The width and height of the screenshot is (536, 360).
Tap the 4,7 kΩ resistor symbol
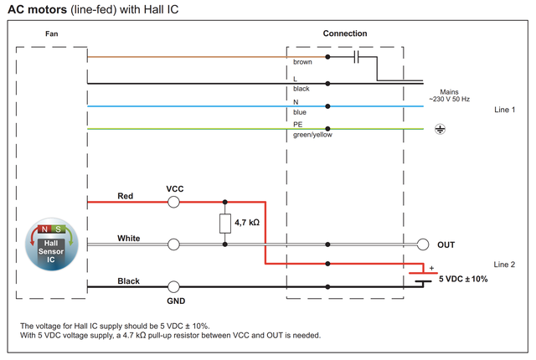coord(225,224)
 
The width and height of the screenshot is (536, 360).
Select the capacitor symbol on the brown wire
coord(358,57)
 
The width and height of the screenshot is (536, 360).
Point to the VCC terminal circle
coord(173,202)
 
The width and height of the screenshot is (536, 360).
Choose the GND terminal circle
coord(173,286)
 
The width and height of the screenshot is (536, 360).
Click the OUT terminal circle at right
coord(422,244)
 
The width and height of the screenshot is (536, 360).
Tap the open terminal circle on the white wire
coord(173,244)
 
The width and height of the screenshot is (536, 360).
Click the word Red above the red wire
coord(126,196)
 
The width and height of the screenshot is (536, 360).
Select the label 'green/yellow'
coord(312,134)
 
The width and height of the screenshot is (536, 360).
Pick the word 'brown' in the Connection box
coord(302,63)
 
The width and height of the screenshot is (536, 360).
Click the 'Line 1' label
coord(506,110)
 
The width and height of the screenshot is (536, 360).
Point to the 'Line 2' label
coord(506,264)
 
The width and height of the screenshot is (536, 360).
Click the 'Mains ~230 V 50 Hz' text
coord(451,96)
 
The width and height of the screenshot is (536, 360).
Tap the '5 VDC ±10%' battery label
coord(463,279)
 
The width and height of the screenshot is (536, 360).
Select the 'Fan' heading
coord(52,33)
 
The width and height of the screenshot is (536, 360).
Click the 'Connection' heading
coord(345,33)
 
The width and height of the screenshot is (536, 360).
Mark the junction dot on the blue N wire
coord(327,106)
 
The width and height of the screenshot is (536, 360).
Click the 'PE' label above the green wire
coord(298,124)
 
